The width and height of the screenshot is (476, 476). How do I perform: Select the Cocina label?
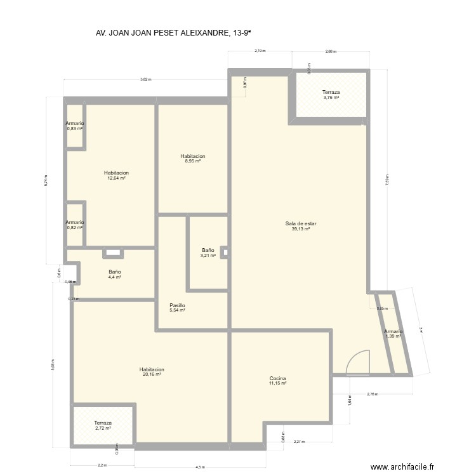[278, 378]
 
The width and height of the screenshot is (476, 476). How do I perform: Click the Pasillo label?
[177, 305]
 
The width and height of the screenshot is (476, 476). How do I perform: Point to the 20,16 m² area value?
[152, 374]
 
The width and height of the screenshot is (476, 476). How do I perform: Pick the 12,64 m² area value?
[117, 178]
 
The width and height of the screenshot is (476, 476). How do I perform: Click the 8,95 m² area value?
[192, 161]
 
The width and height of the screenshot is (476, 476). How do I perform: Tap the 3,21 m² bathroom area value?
[208, 256]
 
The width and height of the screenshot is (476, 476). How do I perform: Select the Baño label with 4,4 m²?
[114, 272]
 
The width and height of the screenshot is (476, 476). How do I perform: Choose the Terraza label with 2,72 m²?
[103, 423]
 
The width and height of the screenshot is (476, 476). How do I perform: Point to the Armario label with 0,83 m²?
[75, 123]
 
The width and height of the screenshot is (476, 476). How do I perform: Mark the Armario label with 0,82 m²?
[75, 222]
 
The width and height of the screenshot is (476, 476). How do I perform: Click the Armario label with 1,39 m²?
[393, 331]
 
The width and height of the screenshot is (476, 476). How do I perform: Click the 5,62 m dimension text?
[146, 80]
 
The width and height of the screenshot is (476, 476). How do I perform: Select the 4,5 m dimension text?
[200, 466]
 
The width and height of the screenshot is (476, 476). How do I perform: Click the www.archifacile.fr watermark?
[402, 466]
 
